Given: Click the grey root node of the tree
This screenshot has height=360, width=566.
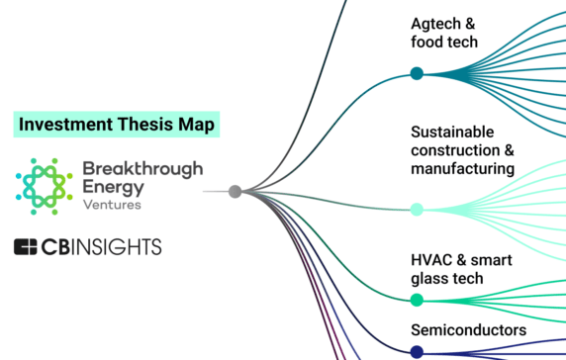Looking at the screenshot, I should pos(235,192).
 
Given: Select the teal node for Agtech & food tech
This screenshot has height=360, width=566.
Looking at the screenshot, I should pos(417,73).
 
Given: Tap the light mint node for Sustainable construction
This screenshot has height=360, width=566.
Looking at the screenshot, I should pos(417,209).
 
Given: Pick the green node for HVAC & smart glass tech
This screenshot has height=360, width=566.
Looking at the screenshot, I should pos(417,300).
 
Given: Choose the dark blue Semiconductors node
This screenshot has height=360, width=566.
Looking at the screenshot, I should pos(417,352).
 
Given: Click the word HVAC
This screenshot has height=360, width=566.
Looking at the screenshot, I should pos(430,260).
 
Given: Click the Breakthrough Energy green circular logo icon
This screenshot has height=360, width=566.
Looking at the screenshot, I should pos(42,184).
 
